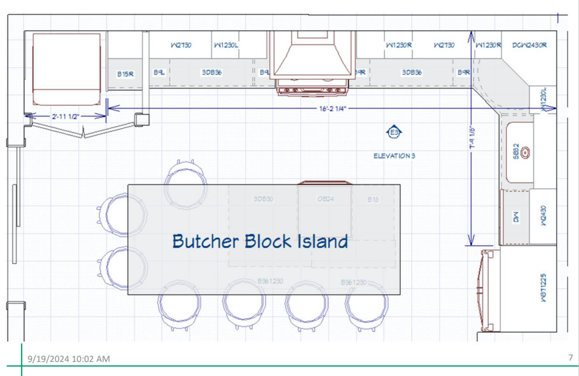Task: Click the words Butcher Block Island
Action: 260,241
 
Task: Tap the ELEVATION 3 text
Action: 394,156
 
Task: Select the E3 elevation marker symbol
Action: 395,133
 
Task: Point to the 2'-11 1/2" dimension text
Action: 65,116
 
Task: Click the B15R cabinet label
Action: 125,74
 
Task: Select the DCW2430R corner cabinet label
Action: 529,45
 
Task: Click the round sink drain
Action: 526,152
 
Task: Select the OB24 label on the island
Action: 325,199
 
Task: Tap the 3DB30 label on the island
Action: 263,199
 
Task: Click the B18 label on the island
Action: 373,200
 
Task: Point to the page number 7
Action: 570,357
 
